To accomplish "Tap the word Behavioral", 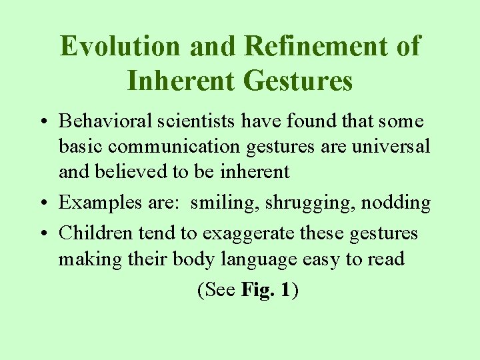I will pos(102,122).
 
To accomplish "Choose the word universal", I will pos(395,147).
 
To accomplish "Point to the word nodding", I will pos(396,203).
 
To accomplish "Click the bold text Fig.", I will pos(257,291).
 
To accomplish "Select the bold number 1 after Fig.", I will pos(285,291).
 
